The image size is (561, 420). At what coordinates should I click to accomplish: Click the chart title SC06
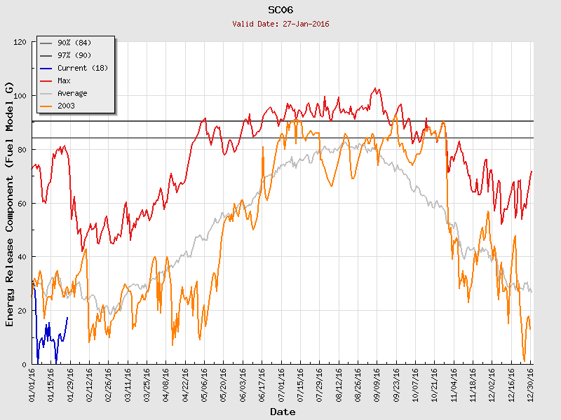click(x=280, y=10)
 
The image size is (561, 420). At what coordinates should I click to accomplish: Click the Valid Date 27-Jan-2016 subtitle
click(x=280, y=24)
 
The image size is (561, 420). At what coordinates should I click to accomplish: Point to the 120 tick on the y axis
click(x=19, y=42)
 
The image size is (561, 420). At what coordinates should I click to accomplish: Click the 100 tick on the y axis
click(x=19, y=96)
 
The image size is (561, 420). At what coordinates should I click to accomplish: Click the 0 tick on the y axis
click(x=24, y=365)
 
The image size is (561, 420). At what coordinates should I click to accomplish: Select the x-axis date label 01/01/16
click(x=32, y=386)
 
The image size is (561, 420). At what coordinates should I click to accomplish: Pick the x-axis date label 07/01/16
click(x=281, y=386)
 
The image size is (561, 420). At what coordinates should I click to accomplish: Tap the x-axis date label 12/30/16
click(x=530, y=386)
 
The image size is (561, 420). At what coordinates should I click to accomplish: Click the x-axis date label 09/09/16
click(x=377, y=386)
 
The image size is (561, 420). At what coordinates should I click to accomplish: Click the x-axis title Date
click(x=283, y=412)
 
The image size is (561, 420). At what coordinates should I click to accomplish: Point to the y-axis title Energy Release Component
click(x=10, y=204)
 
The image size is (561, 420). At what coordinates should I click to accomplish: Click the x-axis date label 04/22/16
click(x=185, y=386)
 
